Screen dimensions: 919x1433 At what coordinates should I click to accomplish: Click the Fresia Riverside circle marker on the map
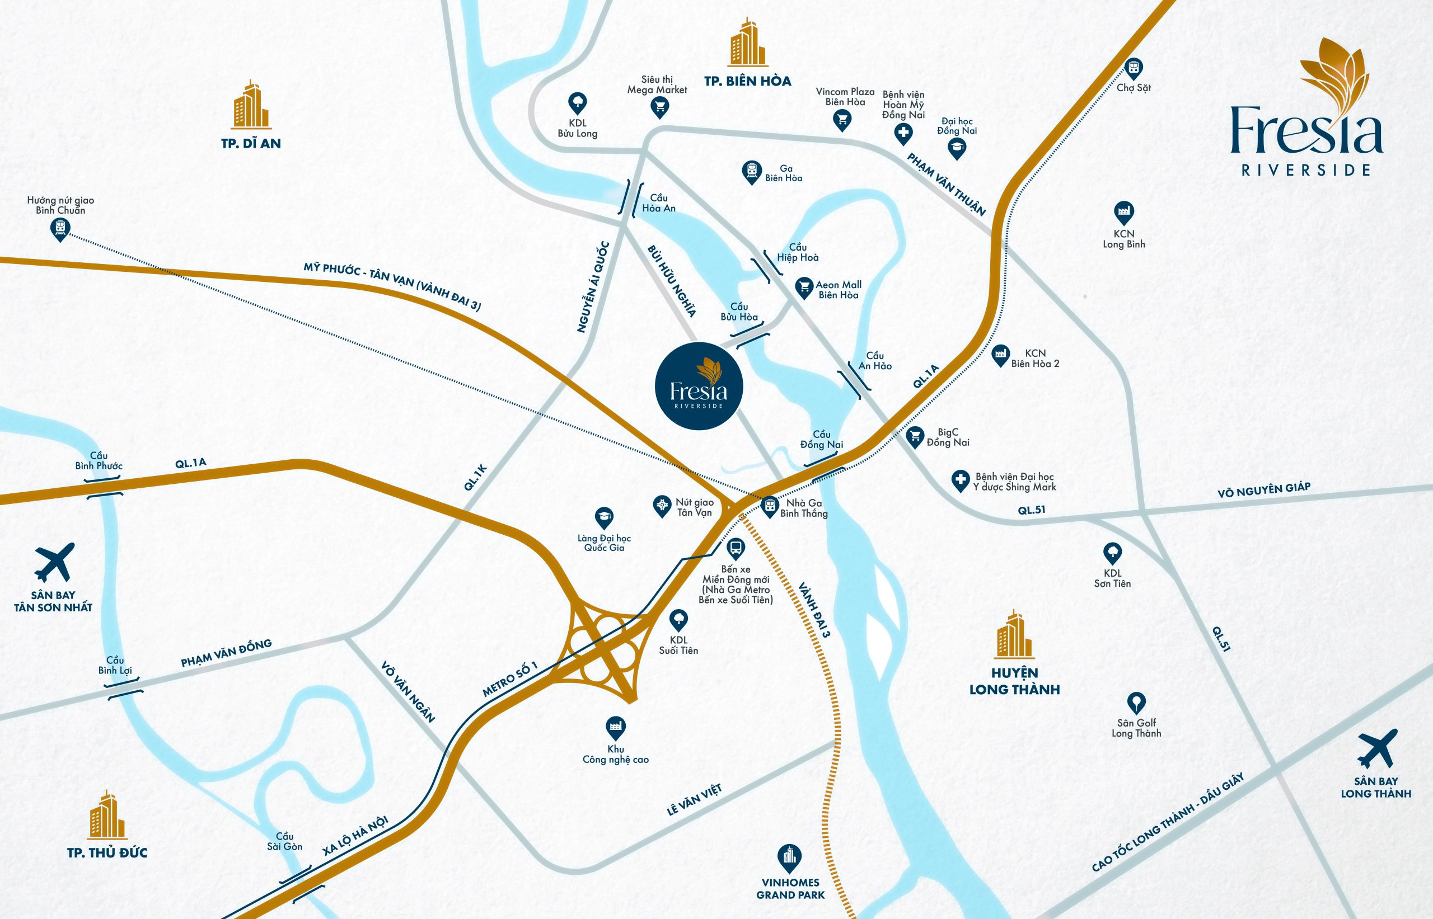[x=699, y=386]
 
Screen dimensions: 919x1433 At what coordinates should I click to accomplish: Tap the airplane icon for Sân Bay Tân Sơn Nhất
[x=54, y=562]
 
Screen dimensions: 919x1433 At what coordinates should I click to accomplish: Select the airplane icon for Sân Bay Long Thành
[x=1378, y=748]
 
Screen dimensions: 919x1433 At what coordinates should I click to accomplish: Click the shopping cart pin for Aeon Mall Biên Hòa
[x=804, y=287]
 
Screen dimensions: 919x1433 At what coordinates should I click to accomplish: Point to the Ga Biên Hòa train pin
[x=752, y=171]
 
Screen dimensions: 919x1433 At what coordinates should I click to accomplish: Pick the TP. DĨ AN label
[x=251, y=143]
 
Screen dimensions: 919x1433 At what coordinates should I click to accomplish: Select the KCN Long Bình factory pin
[x=1123, y=211]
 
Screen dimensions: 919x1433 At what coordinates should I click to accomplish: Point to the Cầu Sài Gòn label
[x=285, y=841]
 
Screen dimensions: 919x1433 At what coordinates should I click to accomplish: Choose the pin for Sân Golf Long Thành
[x=1136, y=703]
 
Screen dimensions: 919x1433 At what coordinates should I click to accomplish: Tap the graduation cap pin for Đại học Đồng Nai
[x=957, y=148]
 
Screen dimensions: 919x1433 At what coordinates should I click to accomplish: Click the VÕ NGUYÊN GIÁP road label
[x=1264, y=489]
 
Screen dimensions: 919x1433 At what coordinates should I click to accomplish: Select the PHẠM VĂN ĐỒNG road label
[x=226, y=652]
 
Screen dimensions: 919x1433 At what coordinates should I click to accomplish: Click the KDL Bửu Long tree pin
[x=577, y=103]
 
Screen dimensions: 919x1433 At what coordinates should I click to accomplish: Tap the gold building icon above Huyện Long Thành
[x=1014, y=634]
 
